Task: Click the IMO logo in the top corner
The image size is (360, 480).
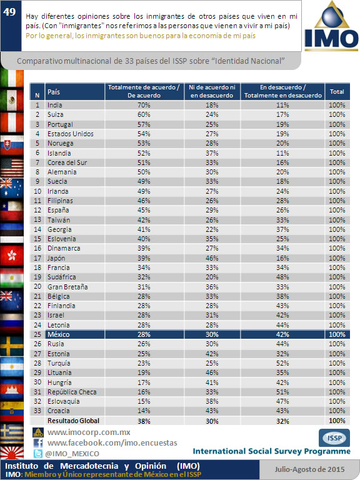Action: click(x=331, y=26)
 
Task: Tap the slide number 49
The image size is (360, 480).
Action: click(x=9, y=12)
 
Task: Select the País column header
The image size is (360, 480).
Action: click(x=54, y=92)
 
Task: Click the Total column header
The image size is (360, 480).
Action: click(x=337, y=91)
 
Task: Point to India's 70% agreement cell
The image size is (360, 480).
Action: click(x=144, y=105)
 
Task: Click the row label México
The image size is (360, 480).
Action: click(x=59, y=334)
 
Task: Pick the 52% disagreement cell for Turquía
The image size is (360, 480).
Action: click(x=282, y=363)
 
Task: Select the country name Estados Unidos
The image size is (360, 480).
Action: click(x=71, y=134)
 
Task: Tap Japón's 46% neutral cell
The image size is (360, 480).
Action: click(x=212, y=258)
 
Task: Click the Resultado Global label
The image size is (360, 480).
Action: click(x=73, y=421)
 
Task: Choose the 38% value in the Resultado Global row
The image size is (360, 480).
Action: click(x=144, y=421)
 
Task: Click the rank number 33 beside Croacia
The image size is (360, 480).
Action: click(x=37, y=411)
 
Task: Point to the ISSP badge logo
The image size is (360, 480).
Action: click(x=334, y=437)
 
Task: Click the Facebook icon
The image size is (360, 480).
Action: click(x=38, y=443)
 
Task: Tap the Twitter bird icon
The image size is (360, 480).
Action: click(x=38, y=453)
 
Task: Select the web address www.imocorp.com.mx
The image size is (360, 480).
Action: click(x=89, y=432)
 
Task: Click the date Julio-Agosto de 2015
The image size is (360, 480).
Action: click(x=309, y=469)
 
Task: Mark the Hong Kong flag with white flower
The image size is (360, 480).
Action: click(x=12, y=255)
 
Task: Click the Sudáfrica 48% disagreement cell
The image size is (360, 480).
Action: click(x=282, y=277)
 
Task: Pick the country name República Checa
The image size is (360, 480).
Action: click(x=72, y=392)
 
